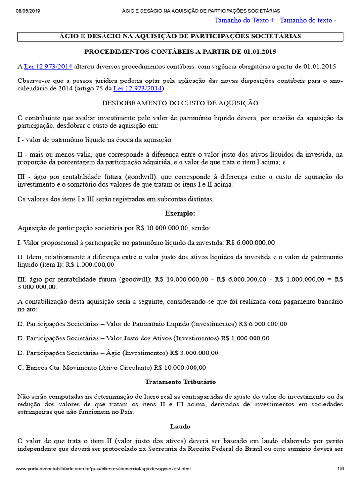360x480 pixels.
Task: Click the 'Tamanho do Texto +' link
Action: pyautogui.click(x=244, y=20)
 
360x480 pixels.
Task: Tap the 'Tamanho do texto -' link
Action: pyautogui.click(x=307, y=20)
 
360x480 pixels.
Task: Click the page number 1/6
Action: pyautogui.click(x=340, y=469)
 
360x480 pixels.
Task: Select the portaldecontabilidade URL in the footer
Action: pyautogui.click(x=103, y=469)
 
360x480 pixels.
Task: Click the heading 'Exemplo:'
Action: pyautogui.click(x=180, y=213)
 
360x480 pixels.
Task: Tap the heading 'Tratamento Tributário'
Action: pyautogui.click(x=180, y=382)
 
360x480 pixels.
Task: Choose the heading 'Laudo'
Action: pyautogui.click(x=180, y=427)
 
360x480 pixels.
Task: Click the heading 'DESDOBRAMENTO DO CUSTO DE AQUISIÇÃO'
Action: pyautogui.click(x=180, y=103)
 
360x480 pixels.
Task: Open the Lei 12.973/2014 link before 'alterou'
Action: pyautogui.click(x=48, y=67)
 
